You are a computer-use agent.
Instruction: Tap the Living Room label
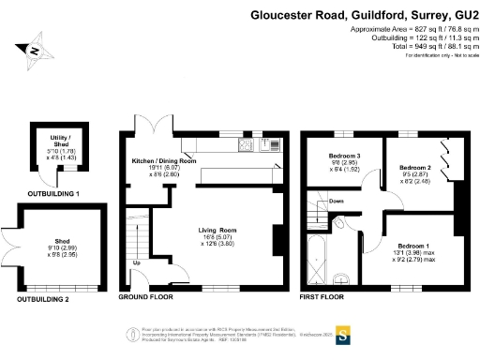click(x=217, y=229)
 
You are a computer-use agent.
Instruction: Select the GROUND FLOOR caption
click(x=147, y=299)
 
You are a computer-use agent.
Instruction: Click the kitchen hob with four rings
click(x=247, y=145)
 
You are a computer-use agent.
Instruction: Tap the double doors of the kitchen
click(x=154, y=127)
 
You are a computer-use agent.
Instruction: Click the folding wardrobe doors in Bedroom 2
click(x=450, y=156)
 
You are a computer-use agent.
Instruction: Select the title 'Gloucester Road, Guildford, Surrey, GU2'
click(x=364, y=15)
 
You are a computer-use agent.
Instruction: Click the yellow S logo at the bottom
click(x=343, y=335)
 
